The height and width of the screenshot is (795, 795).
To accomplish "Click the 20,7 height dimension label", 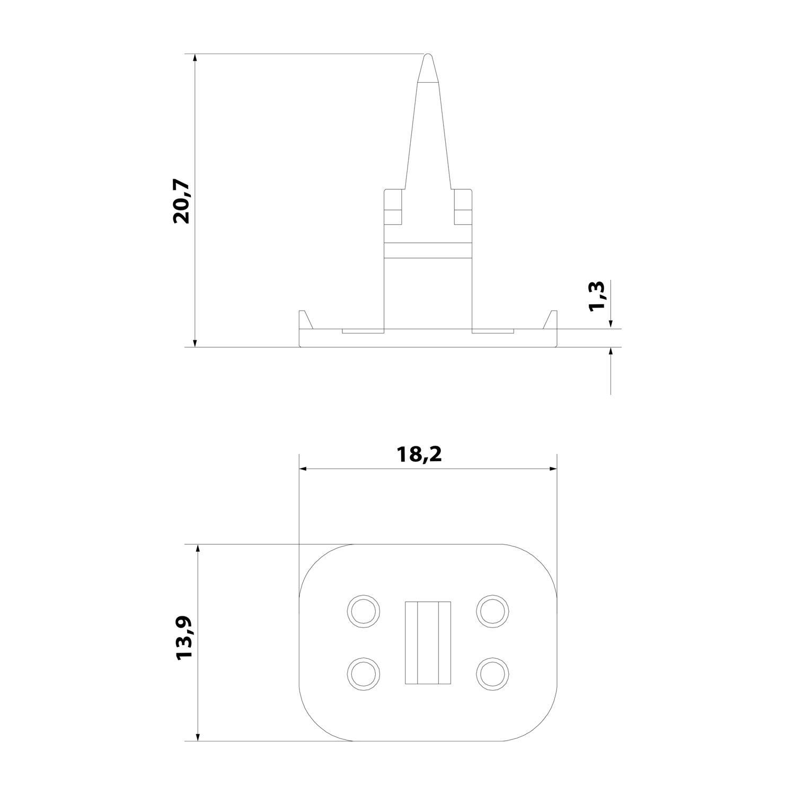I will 181,201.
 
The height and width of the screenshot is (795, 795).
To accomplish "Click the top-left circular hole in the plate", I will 363,611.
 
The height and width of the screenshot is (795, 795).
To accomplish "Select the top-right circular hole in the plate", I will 493,611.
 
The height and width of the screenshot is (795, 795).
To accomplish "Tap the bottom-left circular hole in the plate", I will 363,674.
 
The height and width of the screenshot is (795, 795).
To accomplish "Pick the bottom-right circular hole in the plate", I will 493,674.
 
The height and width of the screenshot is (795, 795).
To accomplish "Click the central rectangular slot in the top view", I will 428,642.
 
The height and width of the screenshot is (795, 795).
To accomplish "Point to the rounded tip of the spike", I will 428,61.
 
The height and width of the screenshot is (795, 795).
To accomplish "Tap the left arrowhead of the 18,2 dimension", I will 304,469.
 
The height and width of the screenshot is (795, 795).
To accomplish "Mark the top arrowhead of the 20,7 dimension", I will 195,58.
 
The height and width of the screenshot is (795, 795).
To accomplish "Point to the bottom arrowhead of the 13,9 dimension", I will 198,736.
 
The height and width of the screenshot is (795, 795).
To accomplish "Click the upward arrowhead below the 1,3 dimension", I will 611,352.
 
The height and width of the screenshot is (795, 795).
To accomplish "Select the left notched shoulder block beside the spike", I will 393,206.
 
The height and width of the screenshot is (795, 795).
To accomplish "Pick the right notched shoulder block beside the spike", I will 463,206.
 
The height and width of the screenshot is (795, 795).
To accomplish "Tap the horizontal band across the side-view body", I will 428,251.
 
